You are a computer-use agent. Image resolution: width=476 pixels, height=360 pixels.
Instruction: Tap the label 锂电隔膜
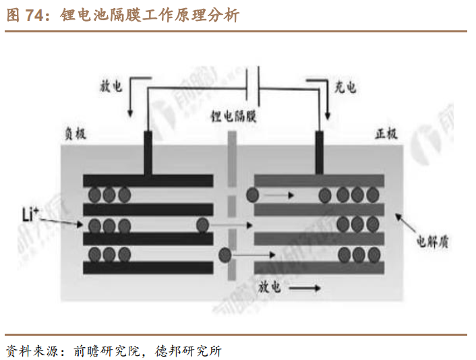coord(233,115)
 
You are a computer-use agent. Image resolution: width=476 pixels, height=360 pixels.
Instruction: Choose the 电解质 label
coord(432,240)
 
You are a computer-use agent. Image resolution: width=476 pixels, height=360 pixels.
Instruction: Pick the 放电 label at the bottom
coord(269,287)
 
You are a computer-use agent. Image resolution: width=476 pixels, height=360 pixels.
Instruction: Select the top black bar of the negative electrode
coord(148,181)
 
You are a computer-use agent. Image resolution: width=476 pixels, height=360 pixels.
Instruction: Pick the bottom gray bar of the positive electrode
coord(319,268)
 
